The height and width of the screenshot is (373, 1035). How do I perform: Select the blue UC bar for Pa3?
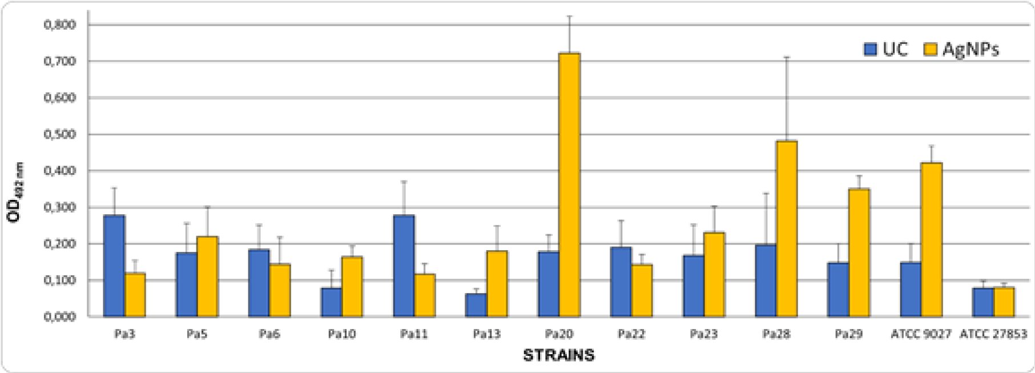(x=114, y=266)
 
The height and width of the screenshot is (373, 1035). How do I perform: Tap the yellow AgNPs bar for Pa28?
(x=786, y=228)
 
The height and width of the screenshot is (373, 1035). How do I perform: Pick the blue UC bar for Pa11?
(x=404, y=266)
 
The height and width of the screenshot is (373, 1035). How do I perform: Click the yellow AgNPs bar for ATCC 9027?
(x=931, y=239)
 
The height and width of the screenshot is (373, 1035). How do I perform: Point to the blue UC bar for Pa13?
(x=476, y=305)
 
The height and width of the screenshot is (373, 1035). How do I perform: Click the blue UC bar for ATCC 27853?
(x=983, y=302)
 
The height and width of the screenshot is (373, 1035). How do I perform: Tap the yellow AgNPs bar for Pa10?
(x=352, y=286)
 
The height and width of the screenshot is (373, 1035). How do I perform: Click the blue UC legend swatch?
(x=870, y=50)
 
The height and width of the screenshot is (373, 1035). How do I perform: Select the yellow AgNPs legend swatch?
(x=931, y=50)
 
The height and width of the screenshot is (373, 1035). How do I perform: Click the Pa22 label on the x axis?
(x=631, y=334)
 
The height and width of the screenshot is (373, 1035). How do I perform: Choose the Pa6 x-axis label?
(x=269, y=334)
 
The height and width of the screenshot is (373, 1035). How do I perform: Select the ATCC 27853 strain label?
(x=993, y=334)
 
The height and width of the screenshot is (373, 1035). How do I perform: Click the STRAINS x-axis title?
(x=559, y=355)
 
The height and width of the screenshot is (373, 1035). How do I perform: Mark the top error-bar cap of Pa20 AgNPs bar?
(x=569, y=16)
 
